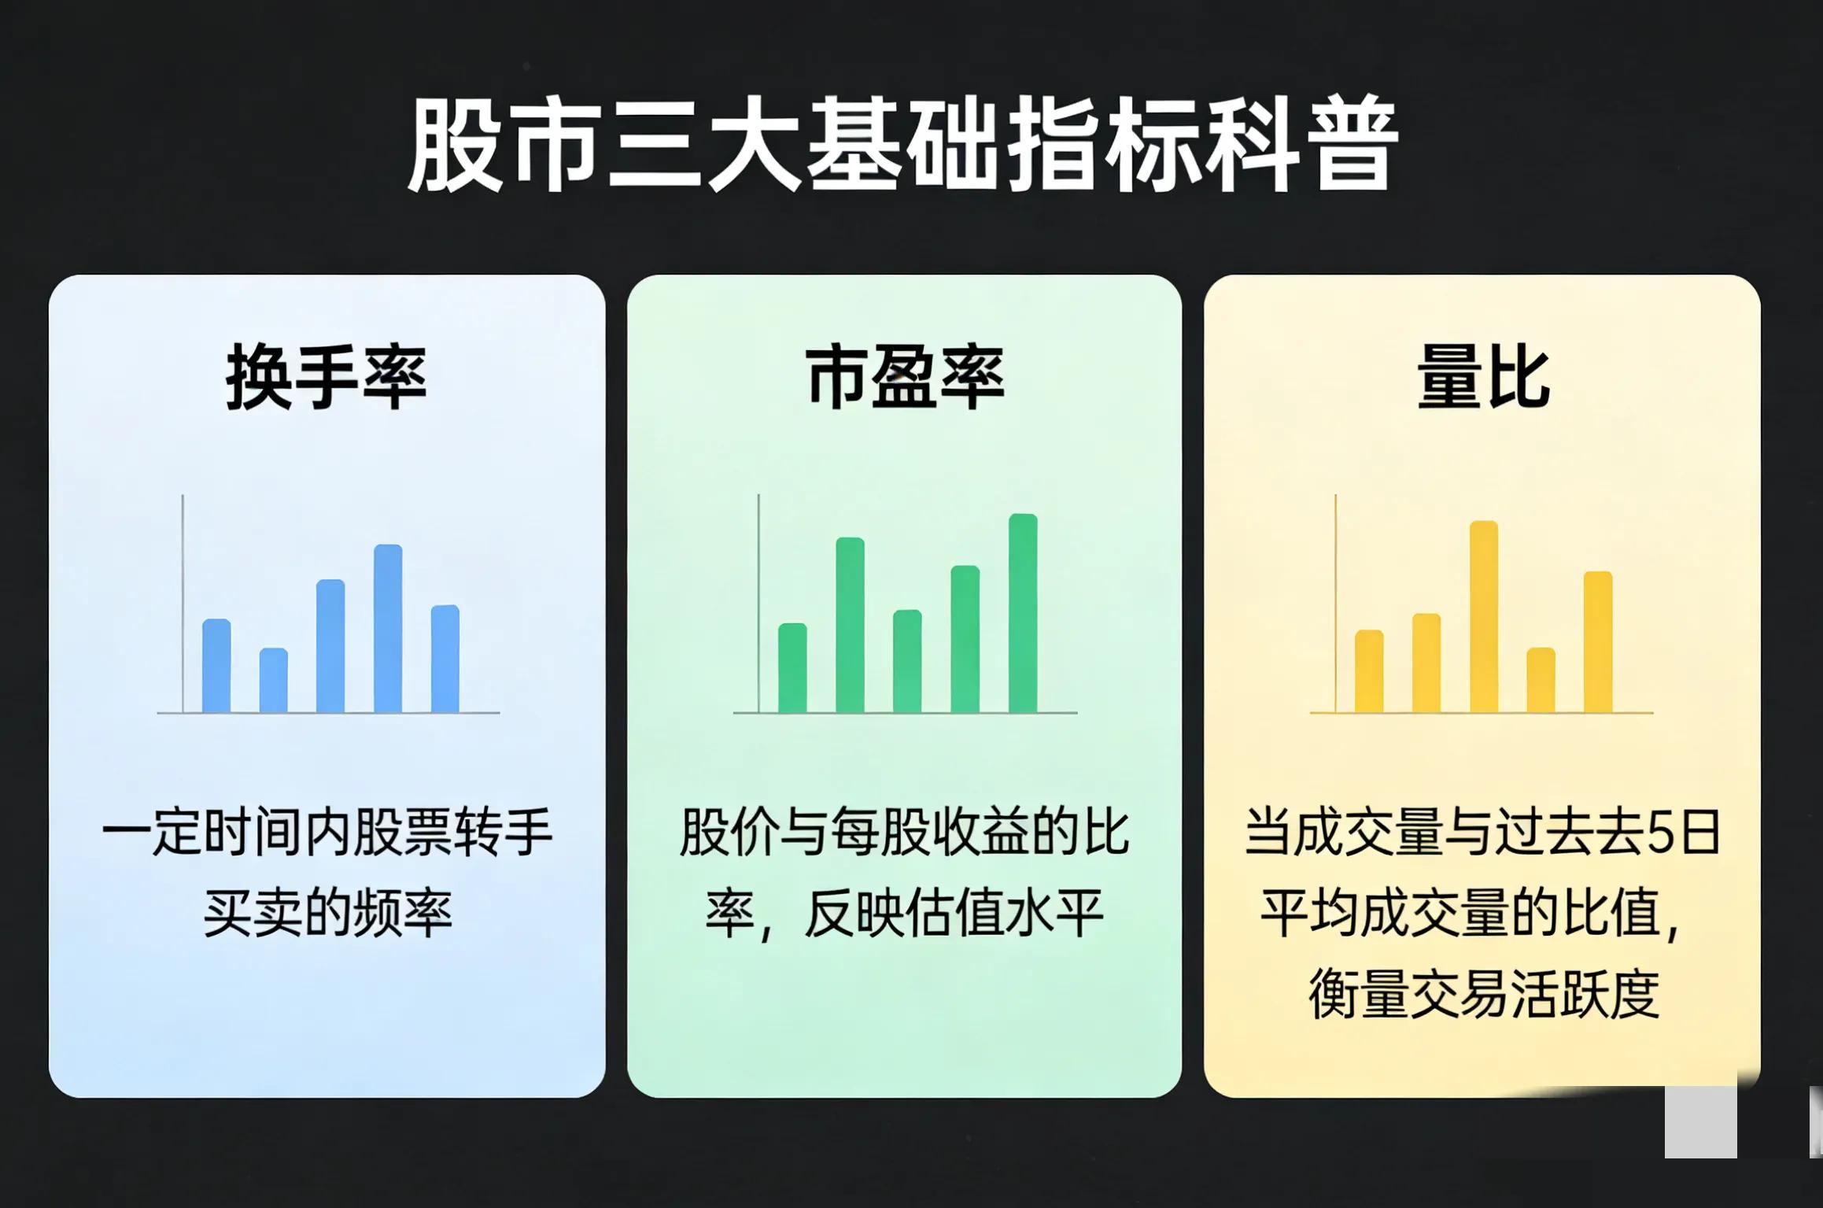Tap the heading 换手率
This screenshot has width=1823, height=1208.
point(326,379)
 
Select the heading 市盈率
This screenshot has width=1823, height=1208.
point(905,379)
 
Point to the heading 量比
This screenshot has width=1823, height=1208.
point(1482,379)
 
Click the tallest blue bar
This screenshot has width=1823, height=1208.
point(388,630)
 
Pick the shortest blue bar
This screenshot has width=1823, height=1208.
point(273,681)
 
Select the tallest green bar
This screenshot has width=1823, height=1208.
point(1023,614)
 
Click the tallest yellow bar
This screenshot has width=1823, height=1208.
point(1483,618)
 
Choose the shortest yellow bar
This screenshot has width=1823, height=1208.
point(1541,681)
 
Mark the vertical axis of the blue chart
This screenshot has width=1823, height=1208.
point(183,602)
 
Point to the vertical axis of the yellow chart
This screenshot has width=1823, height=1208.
point(1335,602)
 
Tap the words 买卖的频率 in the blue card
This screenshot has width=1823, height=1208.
point(327,914)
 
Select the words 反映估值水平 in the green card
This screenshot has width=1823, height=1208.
point(954,914)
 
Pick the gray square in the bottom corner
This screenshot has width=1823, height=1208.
point(1700,1121)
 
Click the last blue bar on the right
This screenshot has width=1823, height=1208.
point(445,659)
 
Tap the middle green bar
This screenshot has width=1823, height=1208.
point(907,662)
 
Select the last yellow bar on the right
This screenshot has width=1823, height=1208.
point(1598,642)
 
